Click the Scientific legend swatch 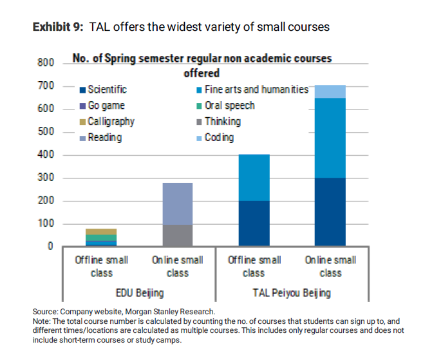(x=82, y=90)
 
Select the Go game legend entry (x=106, y=106)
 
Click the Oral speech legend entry (x=229, y=106)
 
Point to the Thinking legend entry (x=222, y=121)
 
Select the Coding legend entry (x=219, y=137)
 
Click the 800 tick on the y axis (x=45, y=63)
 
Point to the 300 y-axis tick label (x=45, y=178)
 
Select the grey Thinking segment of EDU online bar (x=177, y=235)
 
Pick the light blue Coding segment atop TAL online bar (x=330, y=91)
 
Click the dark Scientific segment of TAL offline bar (x=254, y=223)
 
